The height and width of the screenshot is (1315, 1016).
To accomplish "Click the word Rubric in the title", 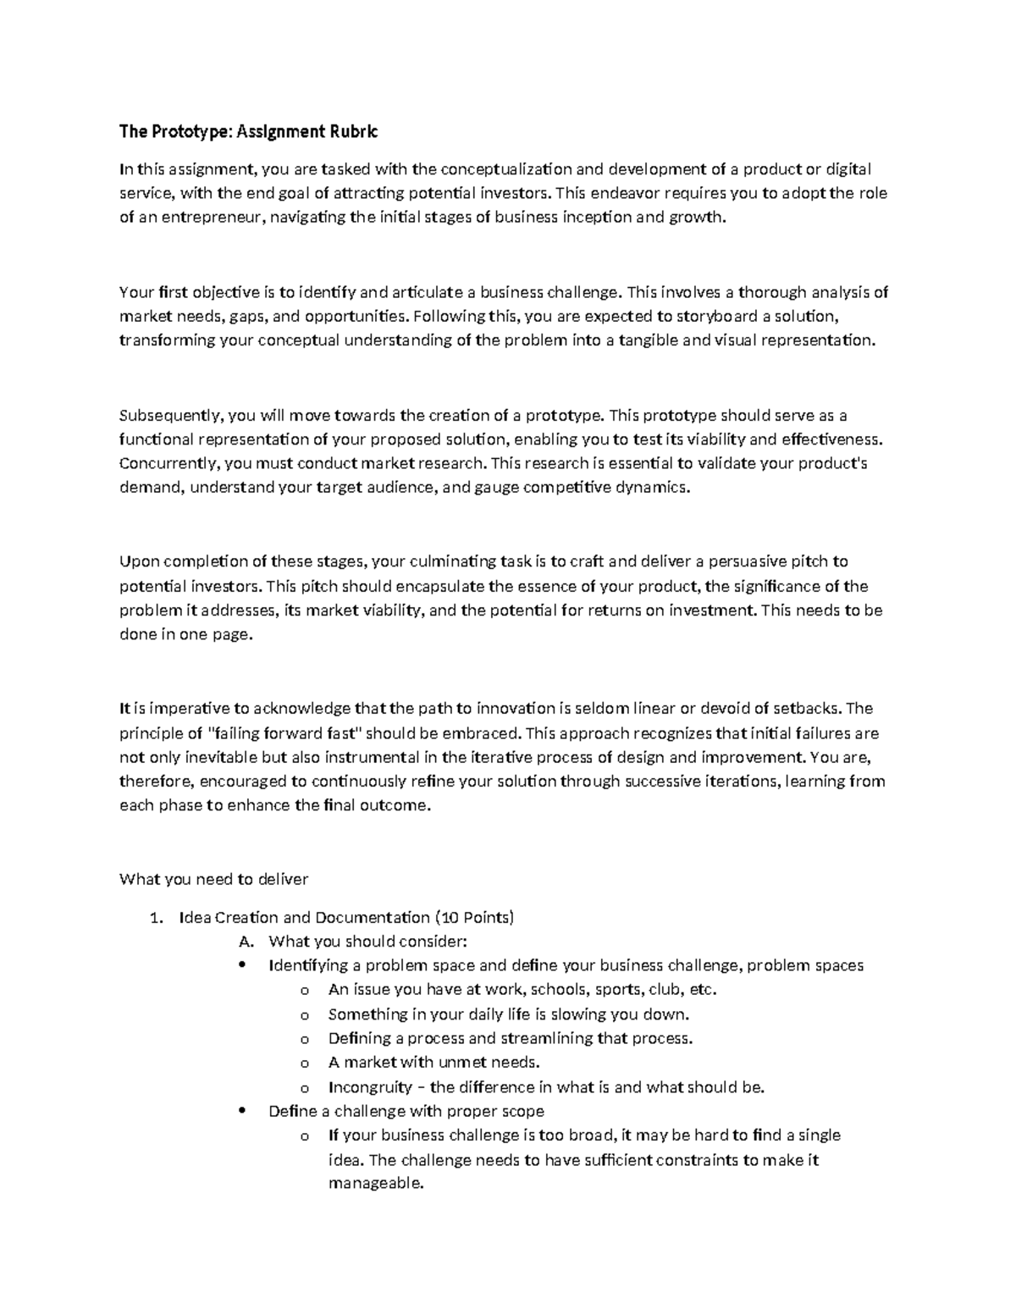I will tap(351, 131).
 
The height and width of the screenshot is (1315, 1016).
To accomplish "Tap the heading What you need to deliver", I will tap(214, 879).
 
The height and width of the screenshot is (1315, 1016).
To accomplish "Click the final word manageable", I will tap(373, 1184).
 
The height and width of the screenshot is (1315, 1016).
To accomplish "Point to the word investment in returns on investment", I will tap(711, 611).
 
